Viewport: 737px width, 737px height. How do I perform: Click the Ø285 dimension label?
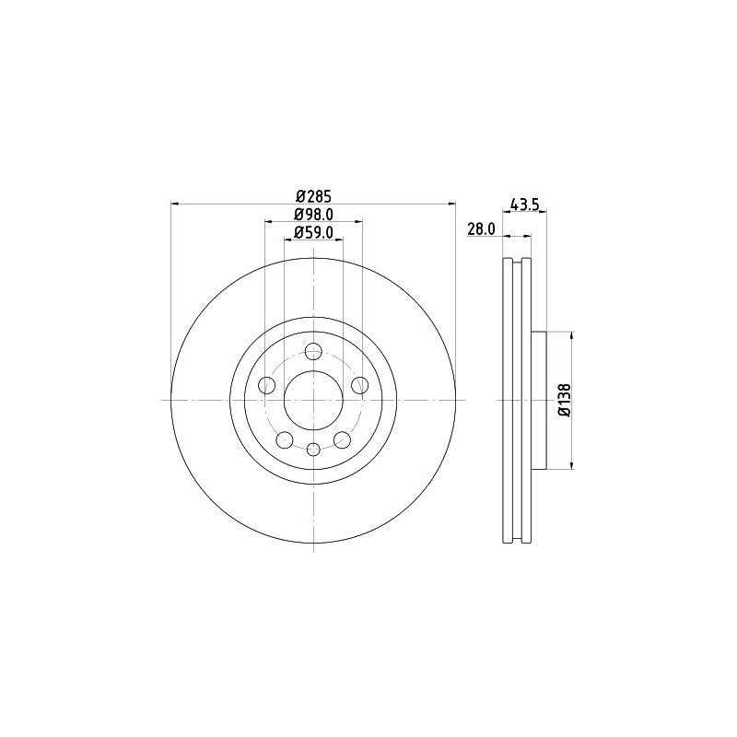click(313, 195)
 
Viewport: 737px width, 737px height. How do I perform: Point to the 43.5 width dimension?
click(524, 205)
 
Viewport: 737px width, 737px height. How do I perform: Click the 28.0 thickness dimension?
click(482, 229)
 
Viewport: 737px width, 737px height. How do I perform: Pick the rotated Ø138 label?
click(565, 400)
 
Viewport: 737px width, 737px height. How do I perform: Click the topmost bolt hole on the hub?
click(313, 350)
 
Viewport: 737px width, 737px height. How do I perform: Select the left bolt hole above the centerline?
click(267, 385)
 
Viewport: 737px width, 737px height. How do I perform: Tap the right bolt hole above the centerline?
click(359, 385)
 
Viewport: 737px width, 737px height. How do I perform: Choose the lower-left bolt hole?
click(285, 439)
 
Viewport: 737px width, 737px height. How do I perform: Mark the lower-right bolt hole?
click(342, 439)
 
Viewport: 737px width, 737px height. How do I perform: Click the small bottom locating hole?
click(313, 449)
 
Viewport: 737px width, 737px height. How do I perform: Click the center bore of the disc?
click(313, 400)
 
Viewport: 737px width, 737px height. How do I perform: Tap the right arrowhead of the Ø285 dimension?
click(452, 204)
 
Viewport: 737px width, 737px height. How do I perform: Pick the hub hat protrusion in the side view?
click(540, 400)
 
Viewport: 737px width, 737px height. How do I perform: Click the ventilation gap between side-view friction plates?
click(518, 400)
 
